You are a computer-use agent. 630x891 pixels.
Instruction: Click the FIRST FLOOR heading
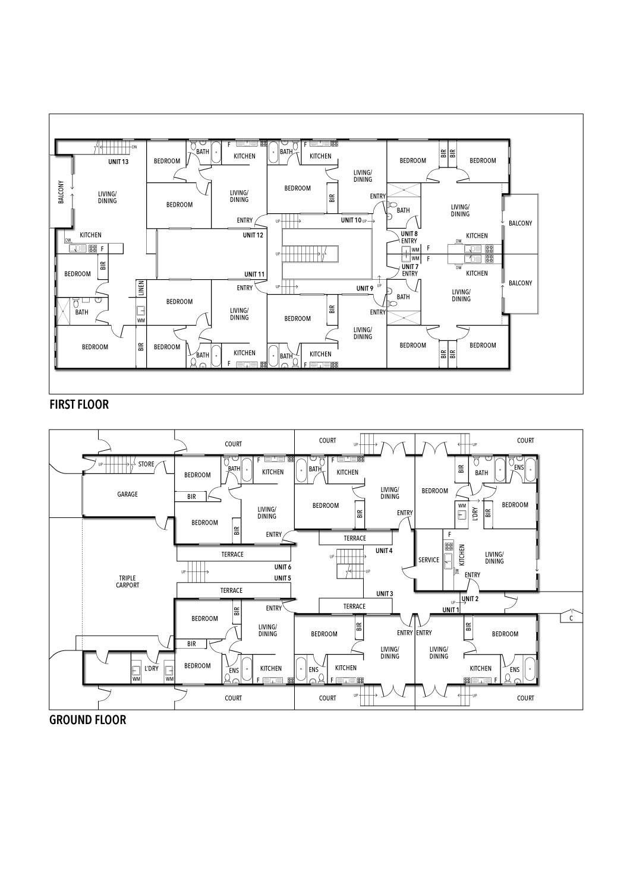point(79,405)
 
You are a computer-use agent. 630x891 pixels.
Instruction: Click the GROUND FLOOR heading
point(87,720)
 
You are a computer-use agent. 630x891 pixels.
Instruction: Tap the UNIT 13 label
point(118,162)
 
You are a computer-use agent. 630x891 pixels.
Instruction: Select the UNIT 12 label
point(253,235)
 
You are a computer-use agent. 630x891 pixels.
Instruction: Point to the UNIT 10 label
point(351,220)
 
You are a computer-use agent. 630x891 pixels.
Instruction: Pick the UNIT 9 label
point(365,288)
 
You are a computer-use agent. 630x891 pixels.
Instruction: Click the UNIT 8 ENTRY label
point(409,237)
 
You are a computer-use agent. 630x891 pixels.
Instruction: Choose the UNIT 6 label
point(282,567)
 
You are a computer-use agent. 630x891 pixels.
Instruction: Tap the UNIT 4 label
point(384,551)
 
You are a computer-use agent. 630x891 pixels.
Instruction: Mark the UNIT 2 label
point(470,599)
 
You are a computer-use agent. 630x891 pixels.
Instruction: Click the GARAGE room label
point(127,494)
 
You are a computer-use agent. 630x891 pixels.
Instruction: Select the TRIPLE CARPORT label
point(127,582)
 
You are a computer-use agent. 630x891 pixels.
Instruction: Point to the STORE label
point(146,465)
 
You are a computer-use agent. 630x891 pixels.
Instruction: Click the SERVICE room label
point(429,560)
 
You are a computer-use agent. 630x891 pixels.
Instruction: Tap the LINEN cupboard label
point(141,289)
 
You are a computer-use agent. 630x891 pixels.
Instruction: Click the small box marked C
point(571,618)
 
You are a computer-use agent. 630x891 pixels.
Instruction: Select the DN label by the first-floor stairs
point(134,147)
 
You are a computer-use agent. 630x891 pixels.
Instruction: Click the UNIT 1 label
point(451,610)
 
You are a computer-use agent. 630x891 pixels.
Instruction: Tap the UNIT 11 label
point(254,274)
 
